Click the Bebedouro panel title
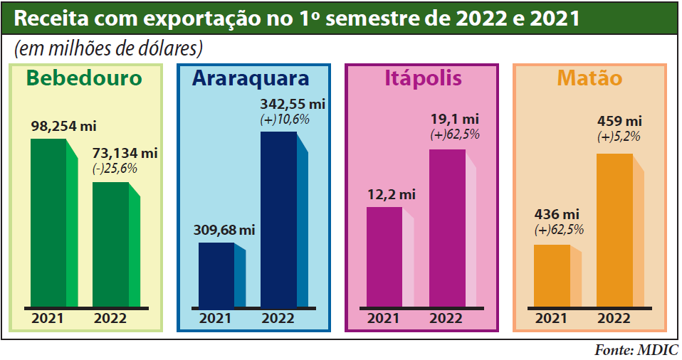coord(84,78)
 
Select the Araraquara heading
coord(251,78)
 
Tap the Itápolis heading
coord(423,78)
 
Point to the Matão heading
coord(589,78)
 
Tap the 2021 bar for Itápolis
coord(384,257)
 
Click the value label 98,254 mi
coord(63,126)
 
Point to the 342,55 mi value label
coord(293,104)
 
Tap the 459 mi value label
coord(619,120)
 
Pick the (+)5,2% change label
coord(619,137)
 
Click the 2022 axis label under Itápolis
coord(446,318)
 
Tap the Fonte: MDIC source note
coord(636,350)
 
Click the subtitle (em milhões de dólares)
coord(108,48)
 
